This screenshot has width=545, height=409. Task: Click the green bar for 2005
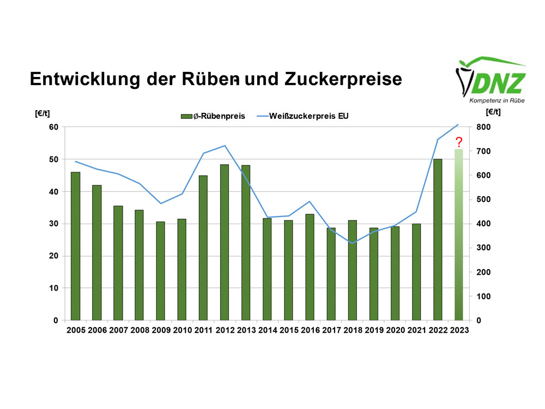coord(75,246)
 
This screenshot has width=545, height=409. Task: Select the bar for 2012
coord(225,242)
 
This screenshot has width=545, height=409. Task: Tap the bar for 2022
coord(438,239)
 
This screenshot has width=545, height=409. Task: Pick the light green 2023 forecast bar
coord(459,234)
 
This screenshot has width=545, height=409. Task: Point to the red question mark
coord(459,143)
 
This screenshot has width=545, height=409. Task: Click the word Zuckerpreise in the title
coord(343,79)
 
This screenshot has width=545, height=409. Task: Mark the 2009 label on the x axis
coord(161,330)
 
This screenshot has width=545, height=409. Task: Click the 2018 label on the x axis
coord(352,330)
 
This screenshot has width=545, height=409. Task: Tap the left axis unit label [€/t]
coord(43,113)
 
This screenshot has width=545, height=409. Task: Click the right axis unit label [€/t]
coord(493,113)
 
